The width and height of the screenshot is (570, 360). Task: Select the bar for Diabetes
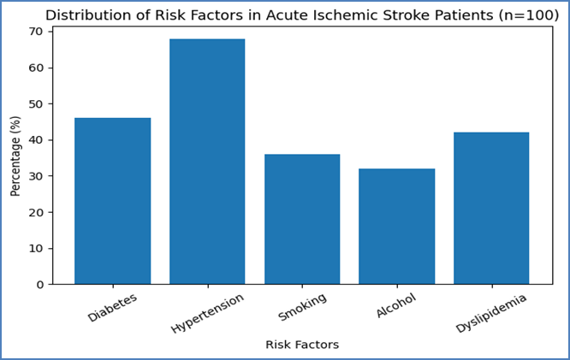113,201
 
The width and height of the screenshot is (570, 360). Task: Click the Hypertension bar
207,162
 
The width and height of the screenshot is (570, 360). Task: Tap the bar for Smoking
302,219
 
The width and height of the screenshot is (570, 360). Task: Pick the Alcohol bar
396,227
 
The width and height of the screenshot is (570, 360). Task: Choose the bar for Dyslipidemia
491,208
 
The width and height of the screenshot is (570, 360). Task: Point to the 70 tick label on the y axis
35,32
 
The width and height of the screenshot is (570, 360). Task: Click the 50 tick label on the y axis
35,103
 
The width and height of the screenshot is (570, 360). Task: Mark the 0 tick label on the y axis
39,285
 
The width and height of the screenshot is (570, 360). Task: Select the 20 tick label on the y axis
35,212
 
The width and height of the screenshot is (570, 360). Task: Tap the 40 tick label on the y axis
35,140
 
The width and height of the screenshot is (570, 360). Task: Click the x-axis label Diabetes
112,308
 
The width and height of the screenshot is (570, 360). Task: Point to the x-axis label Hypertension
207,313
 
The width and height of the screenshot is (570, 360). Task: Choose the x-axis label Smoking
302,307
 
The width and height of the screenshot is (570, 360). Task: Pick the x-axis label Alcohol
396,306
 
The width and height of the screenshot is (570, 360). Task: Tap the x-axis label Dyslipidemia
490,313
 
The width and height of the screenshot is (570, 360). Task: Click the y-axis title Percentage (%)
15,156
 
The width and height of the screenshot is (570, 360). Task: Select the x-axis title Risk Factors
302,345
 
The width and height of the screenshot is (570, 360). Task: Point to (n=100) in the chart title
529,15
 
